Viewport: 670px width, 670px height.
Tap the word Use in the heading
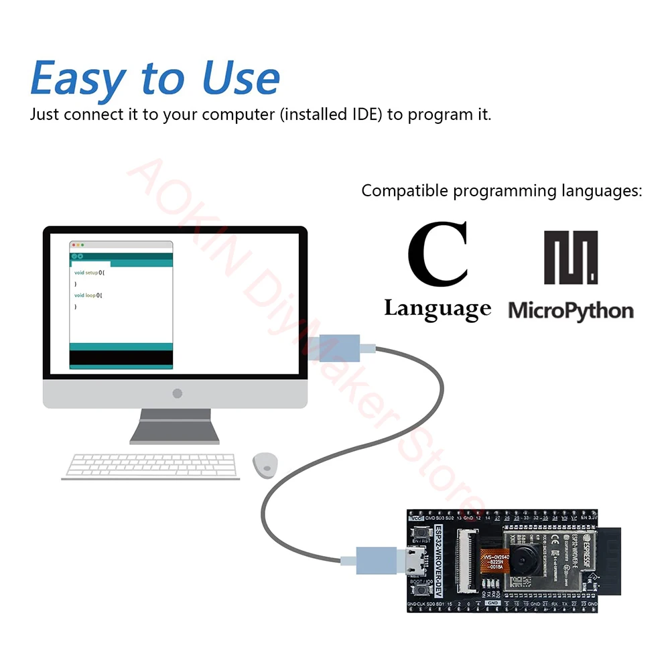click(241, 78)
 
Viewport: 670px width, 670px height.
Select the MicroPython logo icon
click(571, 258)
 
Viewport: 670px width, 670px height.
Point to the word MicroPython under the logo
click(571, 311)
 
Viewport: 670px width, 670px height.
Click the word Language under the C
click(437, 309)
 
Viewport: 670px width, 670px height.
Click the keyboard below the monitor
click(151, 466)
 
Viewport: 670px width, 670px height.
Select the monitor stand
click(174, 427)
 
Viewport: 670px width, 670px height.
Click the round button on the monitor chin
click(177, 393)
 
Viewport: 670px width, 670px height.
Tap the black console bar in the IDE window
click(121, 358)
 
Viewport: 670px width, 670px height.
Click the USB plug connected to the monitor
click(340, 348)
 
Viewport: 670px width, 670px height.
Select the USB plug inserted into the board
click(377, 557)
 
